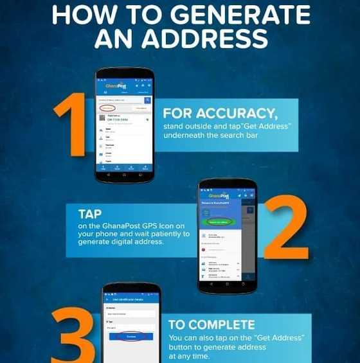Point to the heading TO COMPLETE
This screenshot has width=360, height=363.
212,325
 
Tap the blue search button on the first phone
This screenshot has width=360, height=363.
147,100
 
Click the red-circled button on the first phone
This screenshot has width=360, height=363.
109,109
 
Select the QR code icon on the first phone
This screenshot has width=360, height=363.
102,119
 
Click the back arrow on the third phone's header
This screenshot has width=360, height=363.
107,301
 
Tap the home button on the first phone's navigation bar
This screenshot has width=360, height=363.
125,175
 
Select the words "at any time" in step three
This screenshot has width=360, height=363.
190,357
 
